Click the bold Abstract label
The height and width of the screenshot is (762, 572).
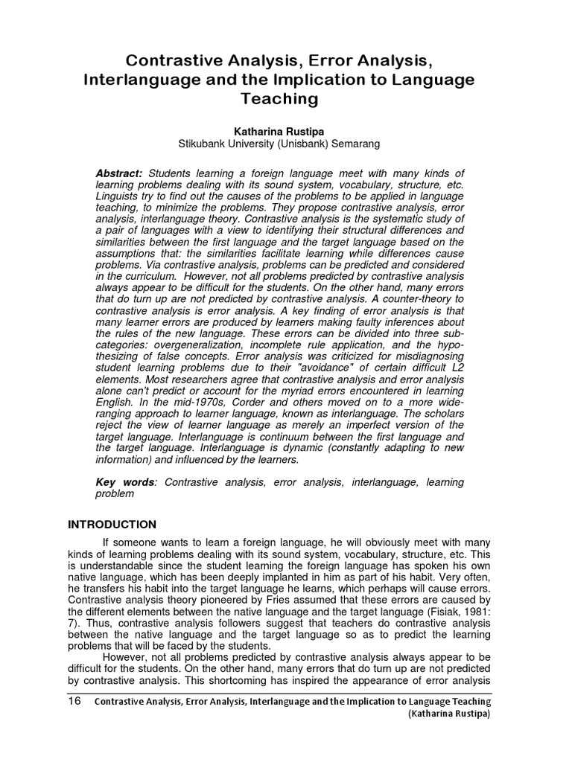click(x=118, y=173)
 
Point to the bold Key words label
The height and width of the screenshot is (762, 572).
click(x=125, y=482)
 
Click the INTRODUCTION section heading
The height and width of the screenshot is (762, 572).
click(x=112, y=524)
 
